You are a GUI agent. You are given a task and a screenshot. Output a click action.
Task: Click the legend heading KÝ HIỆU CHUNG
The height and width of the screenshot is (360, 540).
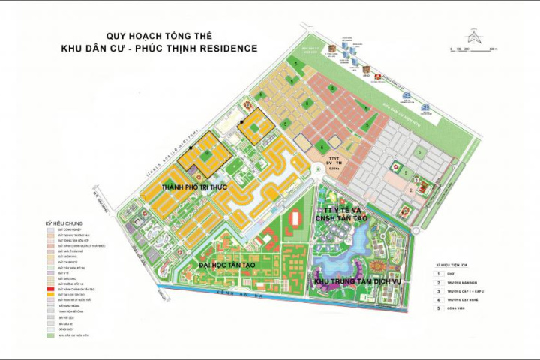pyautogui.click(x=64, y=223)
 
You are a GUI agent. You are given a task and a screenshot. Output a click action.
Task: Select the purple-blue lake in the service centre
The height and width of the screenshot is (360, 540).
pyautogui.click(x=352, y=259)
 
